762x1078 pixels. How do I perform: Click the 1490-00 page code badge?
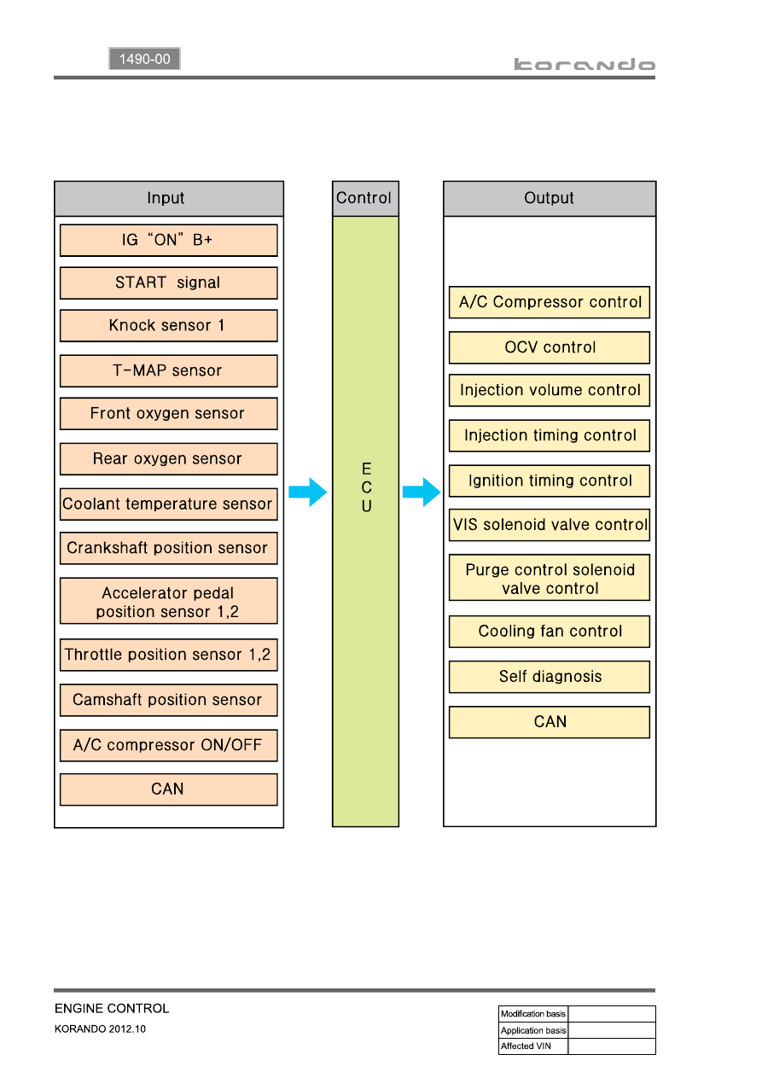point(144,59)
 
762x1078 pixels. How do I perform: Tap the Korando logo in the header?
point(584,64)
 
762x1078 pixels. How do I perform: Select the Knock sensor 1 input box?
point(168,326)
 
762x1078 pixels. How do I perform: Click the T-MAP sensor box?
point(168,370)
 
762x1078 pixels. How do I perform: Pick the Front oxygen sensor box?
point(168,413)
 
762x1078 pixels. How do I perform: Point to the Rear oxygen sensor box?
point(168,458)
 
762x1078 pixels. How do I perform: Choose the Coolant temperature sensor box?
point(168,504)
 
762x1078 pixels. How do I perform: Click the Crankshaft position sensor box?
point(168,548)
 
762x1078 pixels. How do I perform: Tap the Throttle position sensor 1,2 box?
point(168,655)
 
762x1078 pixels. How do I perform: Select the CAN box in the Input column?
point(168,790)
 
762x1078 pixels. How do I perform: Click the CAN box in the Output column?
point(549,722)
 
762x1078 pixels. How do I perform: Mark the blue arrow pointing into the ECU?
point(308,492)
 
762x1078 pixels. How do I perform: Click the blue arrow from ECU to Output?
point(422,492)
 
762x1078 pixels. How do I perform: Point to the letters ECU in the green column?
point(367,487)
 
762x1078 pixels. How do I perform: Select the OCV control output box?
point(549,347)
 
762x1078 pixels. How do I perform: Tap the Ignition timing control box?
point(549,481)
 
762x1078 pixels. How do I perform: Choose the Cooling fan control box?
point(549,632)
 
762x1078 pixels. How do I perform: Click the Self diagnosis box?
point(549,677)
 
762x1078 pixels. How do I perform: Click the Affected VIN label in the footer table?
point(526,1046)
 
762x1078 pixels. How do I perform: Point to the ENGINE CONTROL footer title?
point(112,1008)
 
